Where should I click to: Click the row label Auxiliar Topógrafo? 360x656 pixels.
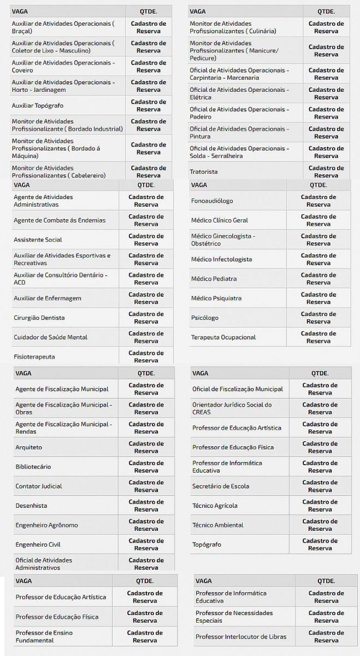pyautogui.click(x=36, y=106)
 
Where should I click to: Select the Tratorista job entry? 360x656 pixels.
pyautogui.click(x=204, y=172)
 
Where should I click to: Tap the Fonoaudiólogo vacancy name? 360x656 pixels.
pyautogui.click(x=212, y=201)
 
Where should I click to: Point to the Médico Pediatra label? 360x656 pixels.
pyautogui.click(x=214, y=279)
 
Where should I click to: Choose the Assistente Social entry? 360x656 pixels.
pyautogui.click(x=38, y=240)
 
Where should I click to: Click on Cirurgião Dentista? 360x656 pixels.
pyautogui.click(x=39, y=318)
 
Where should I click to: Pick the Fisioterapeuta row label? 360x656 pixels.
pyautogui.click(x=34, y=357)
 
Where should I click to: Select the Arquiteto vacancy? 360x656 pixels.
pyautogui.click(x=28, y=447)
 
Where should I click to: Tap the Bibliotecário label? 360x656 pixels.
pyautogui.click(x=33, y=467)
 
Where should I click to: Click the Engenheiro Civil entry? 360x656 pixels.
pyautogui.click(x=38, y=544)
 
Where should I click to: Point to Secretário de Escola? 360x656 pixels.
pyautogui.click(x=221, y=486)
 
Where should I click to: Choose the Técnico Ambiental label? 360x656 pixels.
pyautogui.click(x=218, y=525)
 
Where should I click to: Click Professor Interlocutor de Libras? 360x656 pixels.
pyautogui.click(x=241, y=637)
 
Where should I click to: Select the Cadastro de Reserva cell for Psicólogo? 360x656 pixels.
pyautogui.click(x=318, y=318)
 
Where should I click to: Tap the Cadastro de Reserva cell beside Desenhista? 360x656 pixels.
pyautogui.click(x=146, y=506)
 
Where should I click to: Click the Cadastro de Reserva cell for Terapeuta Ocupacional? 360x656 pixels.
pyautogui.click(x=318, y=337)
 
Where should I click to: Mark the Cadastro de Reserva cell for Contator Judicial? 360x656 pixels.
pyautogui.click(x=146, y=486)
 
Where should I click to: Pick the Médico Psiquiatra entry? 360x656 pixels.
pyautogui.click(x=216, y=298)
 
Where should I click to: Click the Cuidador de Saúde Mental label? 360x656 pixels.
pyautogui.click(x=50, y=337)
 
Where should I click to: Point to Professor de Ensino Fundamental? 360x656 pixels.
pyautogui.click(x=44, y=636)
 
